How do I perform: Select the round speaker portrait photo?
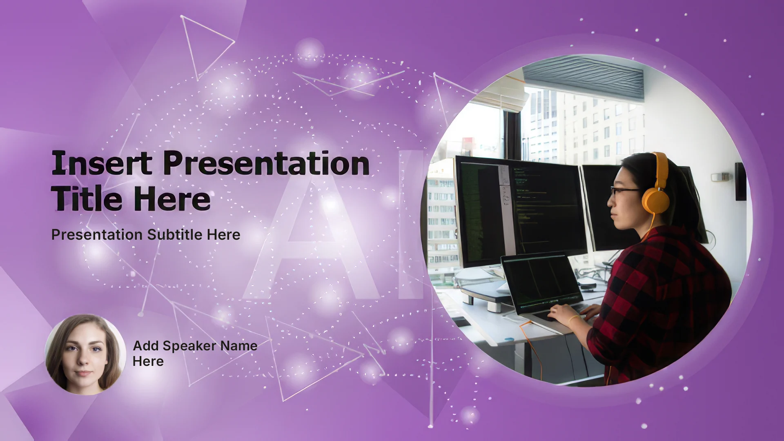(85, 354)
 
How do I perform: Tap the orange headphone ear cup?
(655, 200)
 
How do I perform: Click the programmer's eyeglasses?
(625, 191)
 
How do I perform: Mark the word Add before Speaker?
(146, 346)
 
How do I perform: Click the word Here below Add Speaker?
(148, 361)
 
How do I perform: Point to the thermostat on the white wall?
(719, 177)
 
